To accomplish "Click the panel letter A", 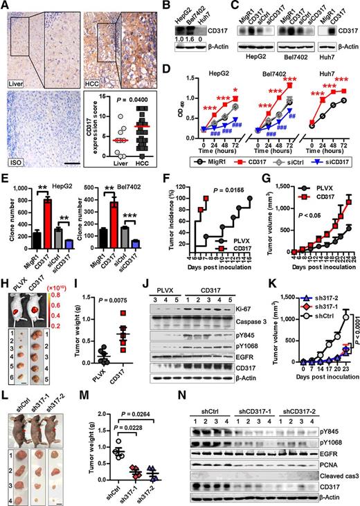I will (6, 6).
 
